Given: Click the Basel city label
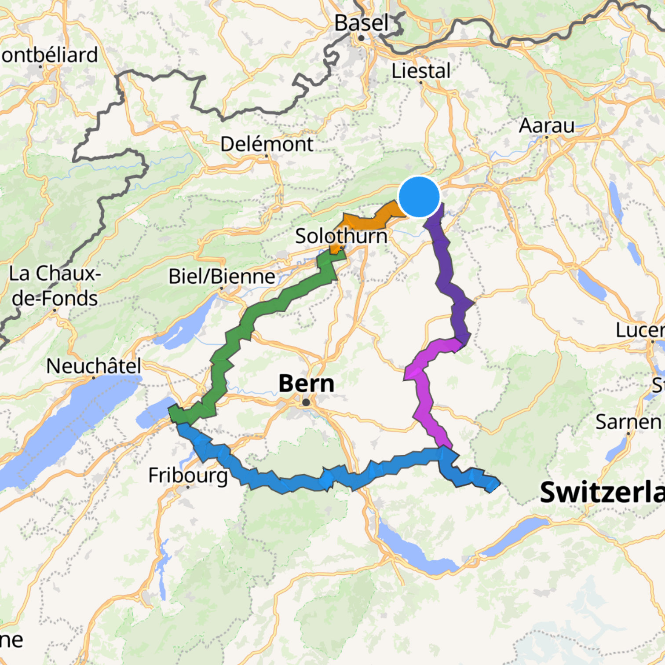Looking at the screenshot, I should pyautogui.click(x=361, y=23).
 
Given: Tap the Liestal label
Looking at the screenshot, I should pyautogui.click(x=421, y=71).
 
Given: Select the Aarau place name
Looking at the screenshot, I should pyautogui.click(x=546, y=126).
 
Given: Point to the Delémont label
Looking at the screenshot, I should pyautogui.click(x=267, y=144).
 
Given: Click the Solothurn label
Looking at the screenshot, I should pyautogui.click(x=341, y=236).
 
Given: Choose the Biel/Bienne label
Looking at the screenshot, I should pyautogui.click(x=222, y=276).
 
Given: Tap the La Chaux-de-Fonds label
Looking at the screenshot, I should pyautogui.click(x=55, y=286).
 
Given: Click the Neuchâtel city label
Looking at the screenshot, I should pyautogui.click(x=94, y=366).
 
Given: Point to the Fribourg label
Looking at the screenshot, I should pyautogui.click(x=188, y=475).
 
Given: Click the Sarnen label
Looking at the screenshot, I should pyautogui.click(x=628, y=422).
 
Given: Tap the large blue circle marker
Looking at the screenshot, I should pyautogui.click(x=419, y=197).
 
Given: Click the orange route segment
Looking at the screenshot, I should pyautogui.click(x=374, y=218).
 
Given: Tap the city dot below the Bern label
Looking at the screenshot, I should pyautogui.click(x=306, y=402).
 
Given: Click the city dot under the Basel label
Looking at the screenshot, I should pyautogui.click(x=361, y=38).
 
